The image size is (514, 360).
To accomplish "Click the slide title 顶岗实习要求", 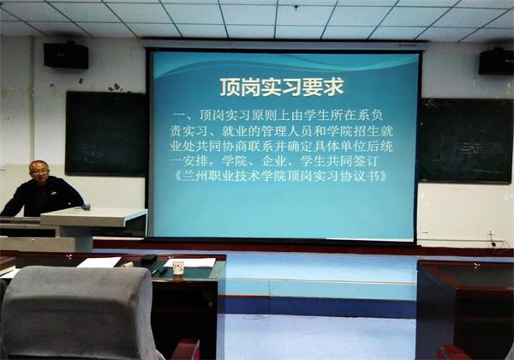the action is click(282, 87).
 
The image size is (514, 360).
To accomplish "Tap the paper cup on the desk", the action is click(178, 267).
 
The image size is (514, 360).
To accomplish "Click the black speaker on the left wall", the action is click(66, 55).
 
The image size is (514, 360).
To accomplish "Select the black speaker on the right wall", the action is click(496, 62).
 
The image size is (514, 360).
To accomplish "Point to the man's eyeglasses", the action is click(39, 171).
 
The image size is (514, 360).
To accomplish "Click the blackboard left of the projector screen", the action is click(105, 134).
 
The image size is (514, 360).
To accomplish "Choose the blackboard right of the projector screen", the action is click(466, 141).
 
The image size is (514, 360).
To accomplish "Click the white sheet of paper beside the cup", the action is click(191, 262).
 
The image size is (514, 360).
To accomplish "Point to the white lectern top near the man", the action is click(93, 216).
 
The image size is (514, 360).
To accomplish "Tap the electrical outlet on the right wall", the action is click(490, 232).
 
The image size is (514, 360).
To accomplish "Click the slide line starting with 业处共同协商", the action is click(281, 147).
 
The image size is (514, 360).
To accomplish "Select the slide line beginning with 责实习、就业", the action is click(281, 131).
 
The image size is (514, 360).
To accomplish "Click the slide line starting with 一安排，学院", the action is click(274, 161).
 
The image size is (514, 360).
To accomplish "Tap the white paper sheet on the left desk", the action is click(99, 262).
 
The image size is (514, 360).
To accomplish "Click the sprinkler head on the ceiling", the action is click(296, 7).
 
